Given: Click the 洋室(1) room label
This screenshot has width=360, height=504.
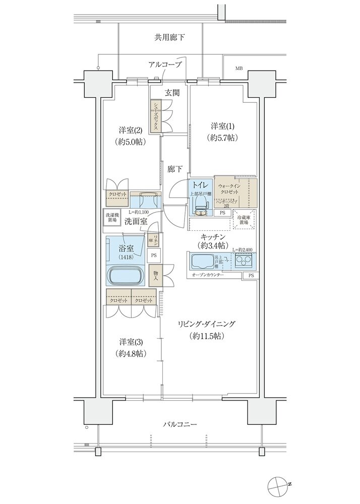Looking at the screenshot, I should point(221,125).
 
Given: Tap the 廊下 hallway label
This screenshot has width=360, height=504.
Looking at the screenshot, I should point(175,169).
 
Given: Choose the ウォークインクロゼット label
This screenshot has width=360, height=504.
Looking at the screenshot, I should point(230,190).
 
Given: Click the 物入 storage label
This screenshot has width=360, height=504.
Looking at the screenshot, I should point(156,275).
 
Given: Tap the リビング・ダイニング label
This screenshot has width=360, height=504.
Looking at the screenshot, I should point(207,324).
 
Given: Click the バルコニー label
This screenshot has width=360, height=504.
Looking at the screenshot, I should point(179,425).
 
